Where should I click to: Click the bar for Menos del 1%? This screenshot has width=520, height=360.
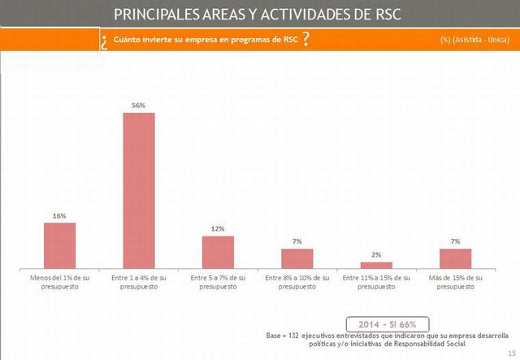pos(59,245)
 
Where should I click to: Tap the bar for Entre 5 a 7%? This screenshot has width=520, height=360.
pos(218,252)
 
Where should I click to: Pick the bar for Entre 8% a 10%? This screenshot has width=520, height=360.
pos(297,258)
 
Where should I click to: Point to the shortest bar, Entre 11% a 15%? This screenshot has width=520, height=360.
pos(376,265)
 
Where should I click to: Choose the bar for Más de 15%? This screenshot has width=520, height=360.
pos(455,258)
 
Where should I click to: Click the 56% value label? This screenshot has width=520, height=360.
pos(138,106)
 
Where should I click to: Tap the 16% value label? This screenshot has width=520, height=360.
pos(59,216)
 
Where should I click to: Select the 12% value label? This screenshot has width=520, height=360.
pos(218,229)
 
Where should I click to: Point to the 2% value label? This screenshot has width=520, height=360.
pos(376,255)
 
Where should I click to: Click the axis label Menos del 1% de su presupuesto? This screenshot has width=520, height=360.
pos(59,282)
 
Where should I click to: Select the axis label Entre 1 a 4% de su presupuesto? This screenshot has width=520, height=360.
pos(138,282)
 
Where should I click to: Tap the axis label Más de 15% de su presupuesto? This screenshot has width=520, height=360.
pos(455,282)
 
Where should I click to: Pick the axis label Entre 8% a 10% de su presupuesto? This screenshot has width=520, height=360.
pos(297,282)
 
